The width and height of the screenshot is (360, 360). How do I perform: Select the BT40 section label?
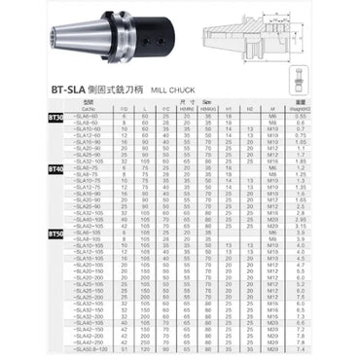coord(54,170)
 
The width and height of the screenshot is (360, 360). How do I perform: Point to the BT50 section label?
coord(54,234)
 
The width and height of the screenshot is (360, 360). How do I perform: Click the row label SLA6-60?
coord(88,117)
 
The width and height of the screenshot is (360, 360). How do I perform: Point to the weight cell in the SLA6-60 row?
coord(301,117)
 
